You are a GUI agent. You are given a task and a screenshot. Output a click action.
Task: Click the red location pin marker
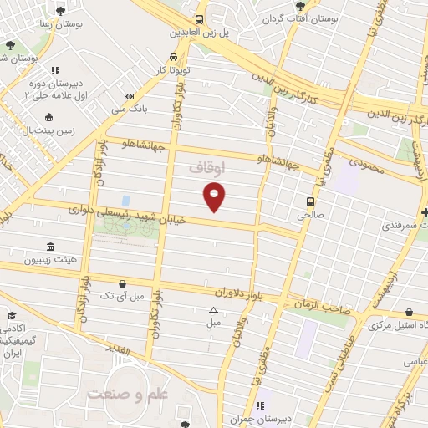coord(215,195)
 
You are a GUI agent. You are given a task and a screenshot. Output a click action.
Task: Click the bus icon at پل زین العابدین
coord(199,19)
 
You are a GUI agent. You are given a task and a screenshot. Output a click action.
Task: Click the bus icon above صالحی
coord(310,201)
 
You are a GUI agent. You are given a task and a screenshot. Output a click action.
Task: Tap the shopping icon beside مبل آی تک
coord(123,284)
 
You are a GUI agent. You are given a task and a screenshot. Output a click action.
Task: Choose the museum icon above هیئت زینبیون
coord(52,247)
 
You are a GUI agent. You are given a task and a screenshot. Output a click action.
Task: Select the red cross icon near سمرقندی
coord(424,212)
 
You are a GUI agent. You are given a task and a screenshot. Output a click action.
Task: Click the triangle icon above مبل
coord(213,310)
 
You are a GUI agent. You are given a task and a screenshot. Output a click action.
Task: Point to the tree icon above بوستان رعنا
coord(62,11)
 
